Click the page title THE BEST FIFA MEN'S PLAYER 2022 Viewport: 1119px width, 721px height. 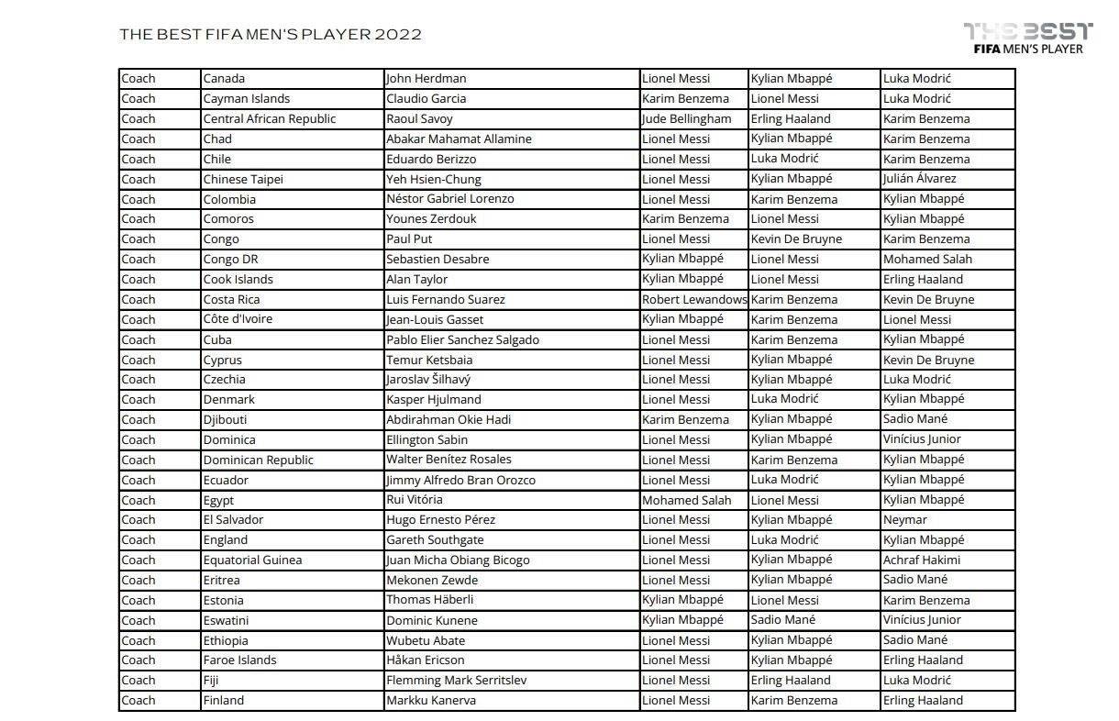(271, 35)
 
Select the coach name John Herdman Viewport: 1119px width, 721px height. (426, 79)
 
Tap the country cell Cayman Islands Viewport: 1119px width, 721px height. (246, 99)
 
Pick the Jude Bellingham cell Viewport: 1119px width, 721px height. (687, 119)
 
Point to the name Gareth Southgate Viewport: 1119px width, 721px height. (435, 539)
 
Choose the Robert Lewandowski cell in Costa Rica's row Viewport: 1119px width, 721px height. (694, 299)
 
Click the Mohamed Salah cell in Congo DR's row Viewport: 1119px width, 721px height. (927, 259)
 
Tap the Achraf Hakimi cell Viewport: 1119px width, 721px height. (921, 560)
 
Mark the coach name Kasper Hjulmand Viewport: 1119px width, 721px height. (434, 399)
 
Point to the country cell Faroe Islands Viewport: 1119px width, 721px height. (239, 660)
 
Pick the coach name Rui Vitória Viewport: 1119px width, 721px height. (415, 500)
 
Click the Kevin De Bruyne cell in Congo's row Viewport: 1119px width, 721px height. (796, 238)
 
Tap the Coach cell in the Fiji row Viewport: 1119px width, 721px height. (138, 680)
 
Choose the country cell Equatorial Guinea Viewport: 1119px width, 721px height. (252, 560)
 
